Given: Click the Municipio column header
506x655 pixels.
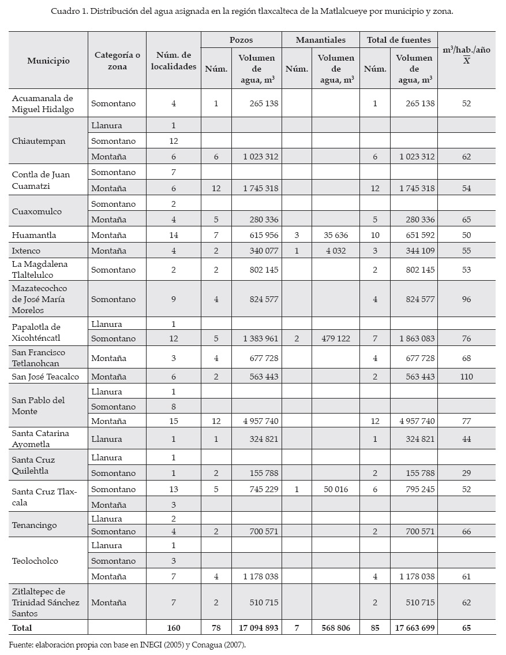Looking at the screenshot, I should [48, 60].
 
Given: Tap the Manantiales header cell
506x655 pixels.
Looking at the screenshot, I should [320, 40].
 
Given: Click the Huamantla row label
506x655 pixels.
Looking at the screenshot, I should [34, 235].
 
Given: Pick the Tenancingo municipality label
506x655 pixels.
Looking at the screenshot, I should [35, 525].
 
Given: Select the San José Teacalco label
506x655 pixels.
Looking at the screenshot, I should [46, 377].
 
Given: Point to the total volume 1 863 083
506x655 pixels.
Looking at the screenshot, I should [414, 338].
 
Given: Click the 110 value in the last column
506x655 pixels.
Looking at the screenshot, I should [466, 377].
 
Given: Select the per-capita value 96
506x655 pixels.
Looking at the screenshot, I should [466, 299].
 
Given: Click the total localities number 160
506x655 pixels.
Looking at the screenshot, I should [174, 628].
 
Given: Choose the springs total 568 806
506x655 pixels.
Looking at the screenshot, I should [333, 628].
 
